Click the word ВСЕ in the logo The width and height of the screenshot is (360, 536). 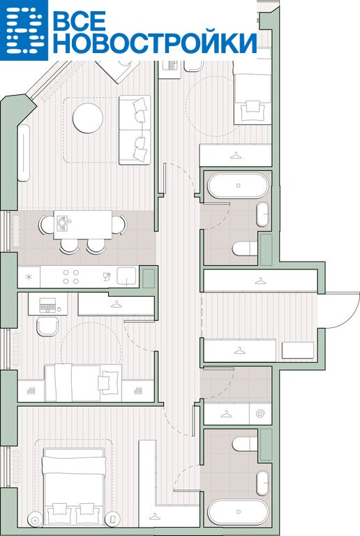tap(80, 21)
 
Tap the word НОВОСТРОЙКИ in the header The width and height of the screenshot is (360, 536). tap(155, 43)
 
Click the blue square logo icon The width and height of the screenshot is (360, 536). tap(24, 30)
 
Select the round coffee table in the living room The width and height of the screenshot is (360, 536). tap(88, 118)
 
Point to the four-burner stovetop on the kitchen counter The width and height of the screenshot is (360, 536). tap(70, 277)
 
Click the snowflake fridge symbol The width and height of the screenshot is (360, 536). tap(29, 277)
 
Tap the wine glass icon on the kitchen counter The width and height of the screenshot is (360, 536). tap(107, 276)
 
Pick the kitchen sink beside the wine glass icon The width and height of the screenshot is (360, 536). tap(126, 276)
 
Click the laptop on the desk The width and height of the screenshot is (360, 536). tap(47, 305)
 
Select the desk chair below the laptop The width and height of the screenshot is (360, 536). tap(47, 326)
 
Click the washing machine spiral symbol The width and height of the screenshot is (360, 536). tap(261, 415)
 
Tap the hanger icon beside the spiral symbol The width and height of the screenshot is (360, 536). tap(226, 415)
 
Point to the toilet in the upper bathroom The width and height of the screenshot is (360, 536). tap(245, 248)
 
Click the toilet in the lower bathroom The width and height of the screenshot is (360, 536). tap(245, 445)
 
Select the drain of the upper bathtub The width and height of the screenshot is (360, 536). tap(238, 186)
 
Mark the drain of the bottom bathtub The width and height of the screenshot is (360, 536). tap(238, 512)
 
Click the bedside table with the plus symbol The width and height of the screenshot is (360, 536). tap(35, 520)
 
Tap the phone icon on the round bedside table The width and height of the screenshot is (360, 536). tap(112, 520)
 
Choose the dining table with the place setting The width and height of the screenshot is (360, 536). tap(82, 225)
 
